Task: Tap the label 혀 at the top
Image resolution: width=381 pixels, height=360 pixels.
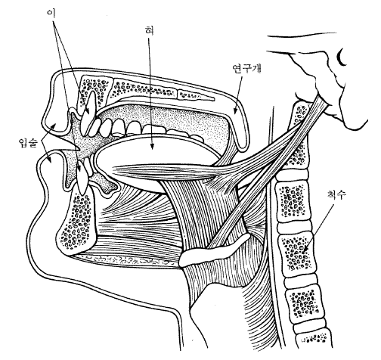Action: click(x=149, y=30)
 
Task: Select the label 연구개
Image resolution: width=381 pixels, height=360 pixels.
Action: click(x=247, y=68)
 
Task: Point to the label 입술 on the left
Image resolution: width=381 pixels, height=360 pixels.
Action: click(x=29, y=143)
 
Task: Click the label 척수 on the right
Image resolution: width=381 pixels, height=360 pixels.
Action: click(x=336, y=194)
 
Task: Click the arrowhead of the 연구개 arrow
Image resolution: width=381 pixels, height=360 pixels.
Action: click(x=235, y=110)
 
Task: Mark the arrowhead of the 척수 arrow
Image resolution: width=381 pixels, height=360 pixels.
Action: click(x=305, y=249)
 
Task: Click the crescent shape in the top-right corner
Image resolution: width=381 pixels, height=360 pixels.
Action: click(x=341, y=58)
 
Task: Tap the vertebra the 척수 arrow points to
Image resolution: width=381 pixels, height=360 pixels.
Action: click(x=296, y=251)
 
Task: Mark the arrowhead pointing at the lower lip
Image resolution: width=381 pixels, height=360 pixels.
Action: click(x=51, y=160)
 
